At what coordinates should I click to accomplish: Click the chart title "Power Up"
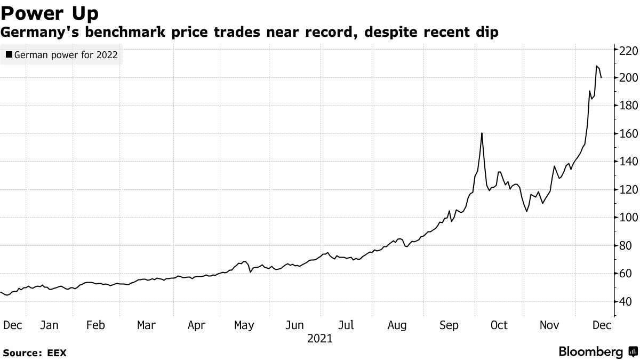coord(49,12)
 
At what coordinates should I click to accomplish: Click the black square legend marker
coord(9,54)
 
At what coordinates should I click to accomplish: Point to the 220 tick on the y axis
coord(628,50)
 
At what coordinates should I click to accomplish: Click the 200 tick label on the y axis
coord(628,78)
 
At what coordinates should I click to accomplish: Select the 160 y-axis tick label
coord(628,134)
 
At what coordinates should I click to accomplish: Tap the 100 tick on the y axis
coord(628,218)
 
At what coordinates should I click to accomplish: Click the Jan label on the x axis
coord(49,325)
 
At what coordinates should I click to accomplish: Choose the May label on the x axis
coord(244,325)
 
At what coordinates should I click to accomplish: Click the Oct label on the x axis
coord(499,325)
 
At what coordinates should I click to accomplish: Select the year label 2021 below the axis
coord(320,339)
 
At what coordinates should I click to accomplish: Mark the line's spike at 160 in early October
coord(482,133)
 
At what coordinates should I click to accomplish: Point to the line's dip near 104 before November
coord(526,211)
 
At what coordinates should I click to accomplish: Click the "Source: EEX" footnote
coord(35,353)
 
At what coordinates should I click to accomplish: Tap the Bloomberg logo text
coord(590,352)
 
